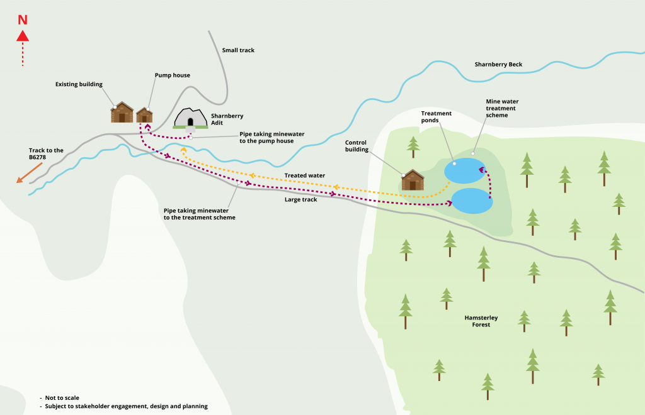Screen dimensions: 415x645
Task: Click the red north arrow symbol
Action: tap(23, 36)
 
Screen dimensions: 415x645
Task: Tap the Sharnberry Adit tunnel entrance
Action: tap(190, 118)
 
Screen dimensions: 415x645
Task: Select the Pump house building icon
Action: tap(144, 115)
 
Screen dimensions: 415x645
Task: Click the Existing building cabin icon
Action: tap(122, 113)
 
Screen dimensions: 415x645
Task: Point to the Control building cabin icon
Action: tap(413, 180)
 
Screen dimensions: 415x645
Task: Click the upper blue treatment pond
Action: tap(464, 170)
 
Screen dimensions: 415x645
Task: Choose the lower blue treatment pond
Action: tap(472, 201)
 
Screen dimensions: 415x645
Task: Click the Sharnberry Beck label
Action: tap(498, 65)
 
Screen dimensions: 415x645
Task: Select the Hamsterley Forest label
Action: tap(481, 321)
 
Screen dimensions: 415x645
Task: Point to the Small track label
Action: tap(238, 50)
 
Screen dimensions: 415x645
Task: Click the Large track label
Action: tap(302, 199)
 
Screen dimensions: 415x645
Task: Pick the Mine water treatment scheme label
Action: tap(502, 108)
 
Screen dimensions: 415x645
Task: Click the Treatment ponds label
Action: tap(437, 117)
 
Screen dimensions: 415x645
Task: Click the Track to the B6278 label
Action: tap(46, 154)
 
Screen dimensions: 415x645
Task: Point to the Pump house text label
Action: tap(173, 75)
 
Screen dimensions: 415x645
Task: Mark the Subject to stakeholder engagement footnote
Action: tap(127, 406)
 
